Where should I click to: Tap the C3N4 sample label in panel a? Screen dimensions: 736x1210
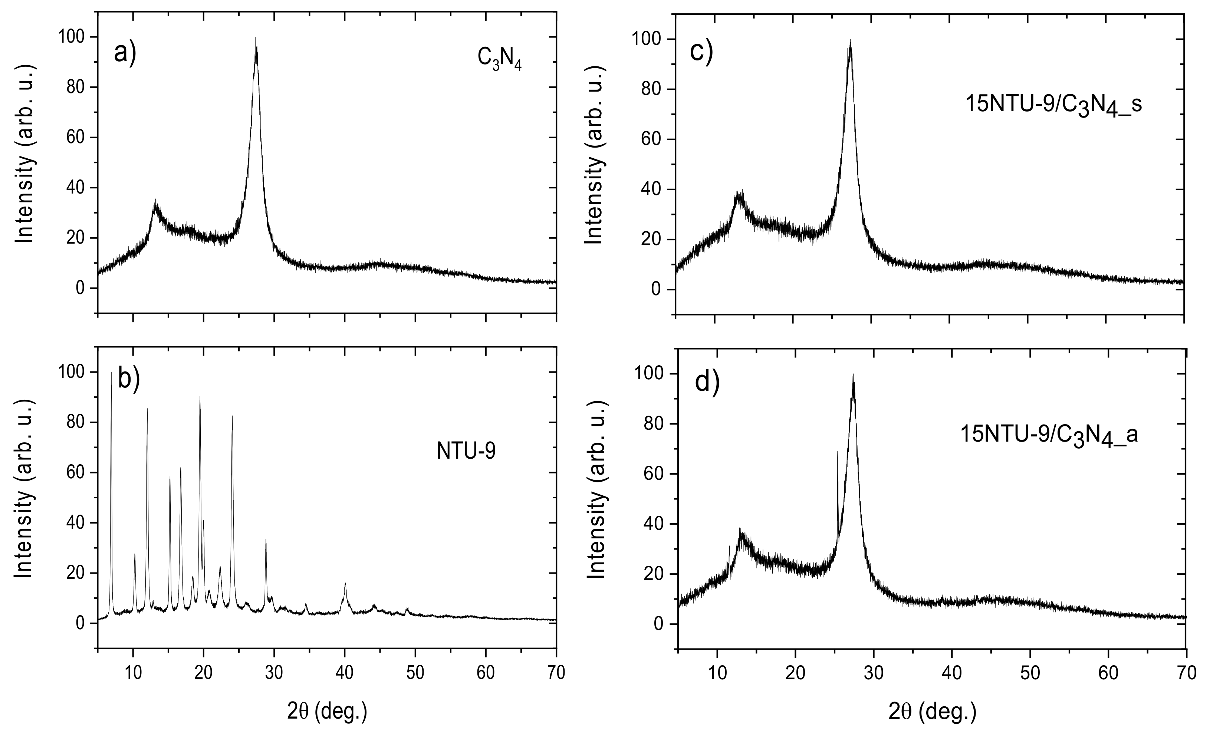(x=499, y=60)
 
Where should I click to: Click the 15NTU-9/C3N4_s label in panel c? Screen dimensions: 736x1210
(x=1053, y=105)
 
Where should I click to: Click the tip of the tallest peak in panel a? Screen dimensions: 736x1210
(x=255, y=38)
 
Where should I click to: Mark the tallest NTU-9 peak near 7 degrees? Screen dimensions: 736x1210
(x=111, y=373)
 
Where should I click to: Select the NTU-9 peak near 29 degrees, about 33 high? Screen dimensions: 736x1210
(x=266, y=540)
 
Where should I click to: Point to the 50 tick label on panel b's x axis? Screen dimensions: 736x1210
(x=415, y=672)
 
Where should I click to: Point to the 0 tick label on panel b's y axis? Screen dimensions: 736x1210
(x=79, y=624)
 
